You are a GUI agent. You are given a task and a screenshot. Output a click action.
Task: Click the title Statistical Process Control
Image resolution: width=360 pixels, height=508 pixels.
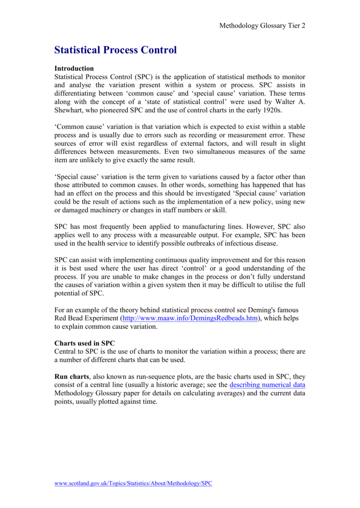pyautogui.click(x=115, y=50)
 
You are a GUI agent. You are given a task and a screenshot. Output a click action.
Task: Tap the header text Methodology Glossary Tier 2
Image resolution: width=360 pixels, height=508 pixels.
pyautogui.click(x=262, y=26)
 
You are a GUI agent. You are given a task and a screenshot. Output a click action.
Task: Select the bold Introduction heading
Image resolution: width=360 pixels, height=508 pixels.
pyautogui.click(x=74, y=68)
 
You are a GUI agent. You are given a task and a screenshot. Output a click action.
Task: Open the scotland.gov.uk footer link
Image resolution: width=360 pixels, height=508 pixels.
pyautogui.click(x=133, y=484)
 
